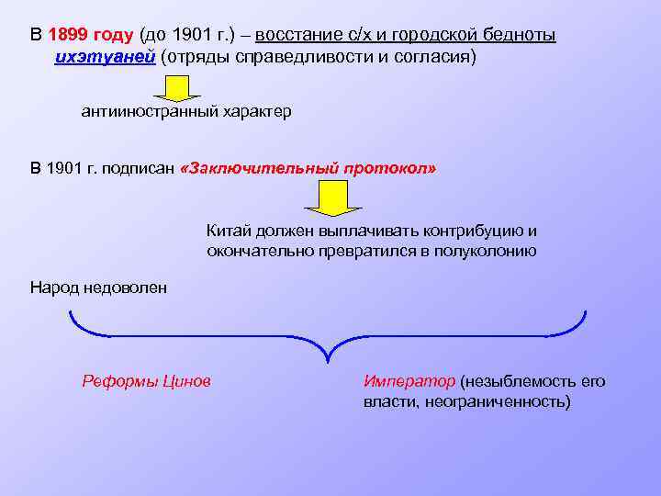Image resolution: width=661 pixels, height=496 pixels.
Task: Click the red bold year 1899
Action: coord(73,35)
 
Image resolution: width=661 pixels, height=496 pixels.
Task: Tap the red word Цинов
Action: coord(185,381)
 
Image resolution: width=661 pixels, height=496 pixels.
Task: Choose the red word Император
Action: coord(409,381)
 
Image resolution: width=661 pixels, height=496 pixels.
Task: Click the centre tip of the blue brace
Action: coord(328,360)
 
